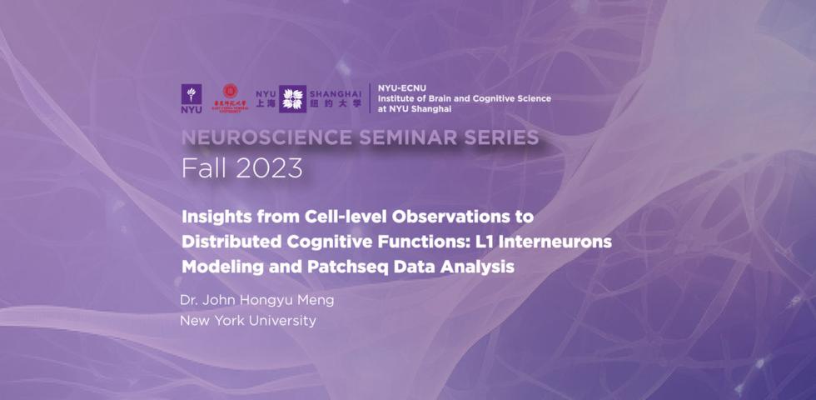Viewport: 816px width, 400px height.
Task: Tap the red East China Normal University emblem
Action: tap(231, 97)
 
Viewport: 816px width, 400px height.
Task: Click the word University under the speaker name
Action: tap(280, 320)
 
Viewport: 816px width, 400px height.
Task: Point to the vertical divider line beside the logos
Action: tap(370, 98)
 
